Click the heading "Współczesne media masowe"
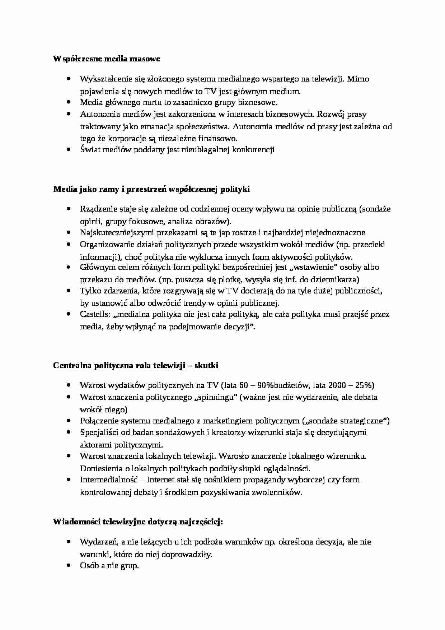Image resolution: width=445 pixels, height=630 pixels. pos(107,59)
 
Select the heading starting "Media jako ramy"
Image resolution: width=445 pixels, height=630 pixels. pos(151,189)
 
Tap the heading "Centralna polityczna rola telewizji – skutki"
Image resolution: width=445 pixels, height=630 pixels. pos(136,366)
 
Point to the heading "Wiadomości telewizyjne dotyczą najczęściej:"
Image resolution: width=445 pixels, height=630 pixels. pos(138,522)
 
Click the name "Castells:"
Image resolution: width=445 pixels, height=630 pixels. pos(95,315)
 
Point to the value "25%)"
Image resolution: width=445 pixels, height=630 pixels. pos(365,385)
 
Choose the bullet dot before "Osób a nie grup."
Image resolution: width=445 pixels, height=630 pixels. pos(69,566)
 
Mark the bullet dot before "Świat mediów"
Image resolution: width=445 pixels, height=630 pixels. pos(69,150)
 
